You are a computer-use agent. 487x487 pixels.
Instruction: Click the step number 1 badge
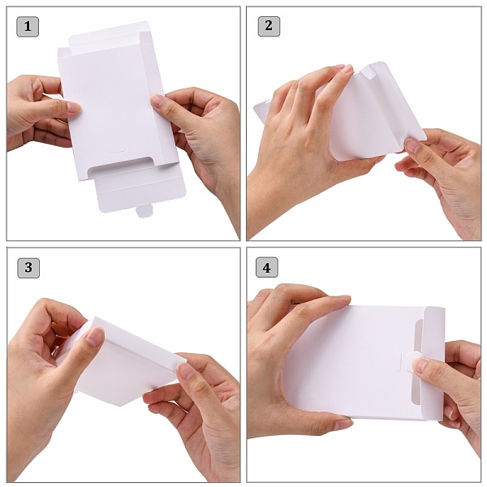click(x=28, y=27)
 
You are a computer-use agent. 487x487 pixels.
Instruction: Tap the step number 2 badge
click(x=269, y=26)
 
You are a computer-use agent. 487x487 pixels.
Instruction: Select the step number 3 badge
click(x=28, y=267)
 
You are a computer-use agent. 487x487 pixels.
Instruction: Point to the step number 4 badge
click(x=267, y=267)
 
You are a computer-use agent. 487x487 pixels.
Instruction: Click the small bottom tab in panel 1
click(x=144, y=211)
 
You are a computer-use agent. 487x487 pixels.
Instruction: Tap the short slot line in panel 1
click(x=118, y=153)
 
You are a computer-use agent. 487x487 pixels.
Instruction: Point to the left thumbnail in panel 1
click(x=74, y=107)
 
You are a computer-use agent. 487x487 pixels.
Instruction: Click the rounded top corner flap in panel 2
click(x=377, y=70)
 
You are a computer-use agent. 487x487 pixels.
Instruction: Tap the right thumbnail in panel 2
click(x=412, y=145)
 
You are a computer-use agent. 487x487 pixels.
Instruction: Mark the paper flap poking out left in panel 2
click(x=263, y=110)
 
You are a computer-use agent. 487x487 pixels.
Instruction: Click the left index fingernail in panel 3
click(x=94, y=336)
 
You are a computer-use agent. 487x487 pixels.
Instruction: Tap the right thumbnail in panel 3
click(x=186, y=372)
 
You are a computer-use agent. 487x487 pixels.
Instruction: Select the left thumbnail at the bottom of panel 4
click(x=343, y=425)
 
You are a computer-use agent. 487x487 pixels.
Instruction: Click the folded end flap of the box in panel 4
click(x=433, y=363)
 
